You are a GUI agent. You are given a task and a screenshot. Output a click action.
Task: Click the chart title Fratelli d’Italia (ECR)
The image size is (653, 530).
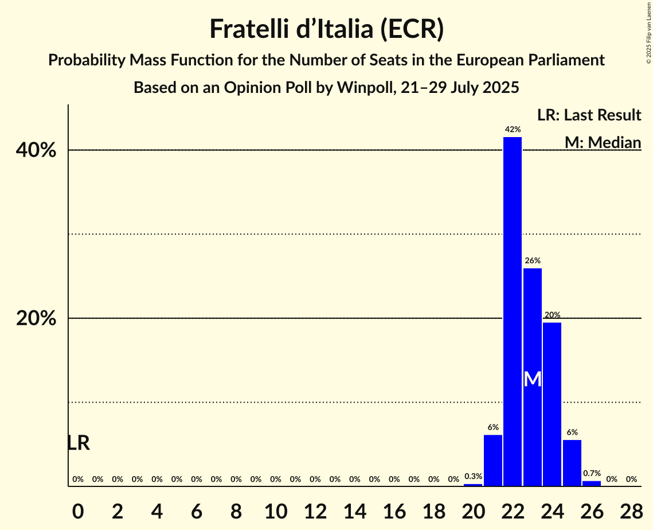326,29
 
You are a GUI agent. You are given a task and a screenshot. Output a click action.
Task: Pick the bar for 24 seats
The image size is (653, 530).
552,404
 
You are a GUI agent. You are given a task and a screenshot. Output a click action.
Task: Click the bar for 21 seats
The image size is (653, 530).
493,460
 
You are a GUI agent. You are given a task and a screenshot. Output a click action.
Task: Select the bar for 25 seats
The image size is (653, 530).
572,463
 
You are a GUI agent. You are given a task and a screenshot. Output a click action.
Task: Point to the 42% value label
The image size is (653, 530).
513,130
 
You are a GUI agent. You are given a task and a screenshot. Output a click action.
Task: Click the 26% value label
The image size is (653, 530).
533,261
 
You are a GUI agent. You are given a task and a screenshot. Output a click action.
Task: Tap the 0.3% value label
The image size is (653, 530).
473,476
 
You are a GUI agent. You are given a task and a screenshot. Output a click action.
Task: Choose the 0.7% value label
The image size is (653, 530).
592,474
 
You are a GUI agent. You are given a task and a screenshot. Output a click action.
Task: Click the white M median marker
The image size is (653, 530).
533,379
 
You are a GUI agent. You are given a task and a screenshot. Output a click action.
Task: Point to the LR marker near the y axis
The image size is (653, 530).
78,443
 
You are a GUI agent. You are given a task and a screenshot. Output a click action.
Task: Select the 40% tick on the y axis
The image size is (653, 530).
36,150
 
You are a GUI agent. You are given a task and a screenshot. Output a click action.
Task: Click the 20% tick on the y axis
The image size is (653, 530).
36,318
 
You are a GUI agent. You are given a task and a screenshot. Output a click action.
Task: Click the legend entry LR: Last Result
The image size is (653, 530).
589,115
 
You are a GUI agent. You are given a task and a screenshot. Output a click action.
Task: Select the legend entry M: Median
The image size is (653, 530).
603,142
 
